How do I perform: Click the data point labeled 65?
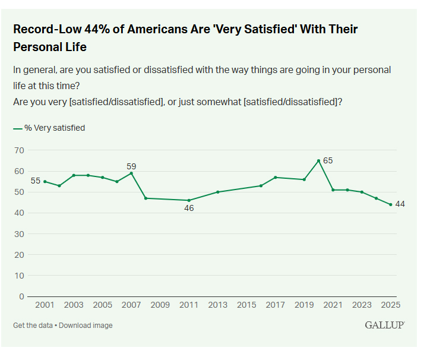click(319, 160)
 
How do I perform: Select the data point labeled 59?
click(131, 173)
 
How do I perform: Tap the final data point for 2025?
click(391, 204)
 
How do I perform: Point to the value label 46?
click(189, 209)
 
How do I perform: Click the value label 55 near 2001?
click(35, 181)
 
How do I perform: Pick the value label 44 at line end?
click(400, 204)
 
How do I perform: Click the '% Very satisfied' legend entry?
click(54, 128)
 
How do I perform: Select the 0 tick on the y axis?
click(21, 296)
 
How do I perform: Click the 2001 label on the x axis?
click(45, 305)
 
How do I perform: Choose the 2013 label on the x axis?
click(218, 305)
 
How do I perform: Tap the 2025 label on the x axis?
click(391, 305)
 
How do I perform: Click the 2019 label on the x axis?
click(304, 305)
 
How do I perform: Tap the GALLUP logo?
click(385, 325)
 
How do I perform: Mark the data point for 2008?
click(145, 198)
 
